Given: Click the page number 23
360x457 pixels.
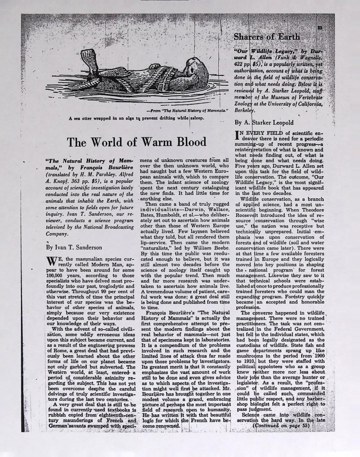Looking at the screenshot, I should (x=319, y=28).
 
